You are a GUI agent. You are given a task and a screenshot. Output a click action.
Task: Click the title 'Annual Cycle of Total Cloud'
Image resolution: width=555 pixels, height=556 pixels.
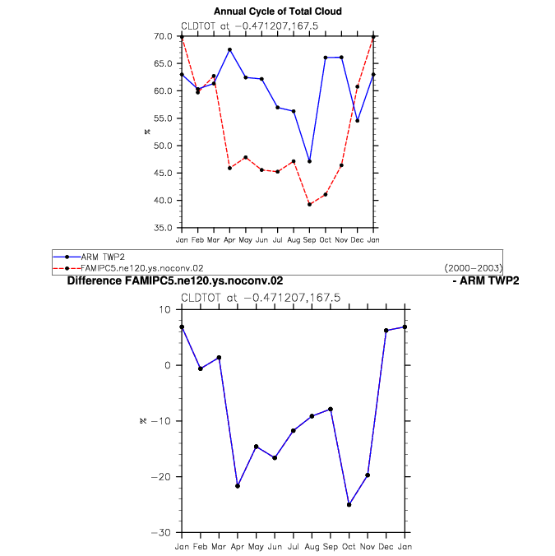click(x=278, y=12)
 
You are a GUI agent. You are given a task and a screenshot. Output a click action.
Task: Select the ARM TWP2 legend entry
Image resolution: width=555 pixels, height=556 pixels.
click(x=89, y=257)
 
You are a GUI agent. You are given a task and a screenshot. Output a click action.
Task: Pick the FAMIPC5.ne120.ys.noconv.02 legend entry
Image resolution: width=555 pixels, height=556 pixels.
click(x=128, y=268)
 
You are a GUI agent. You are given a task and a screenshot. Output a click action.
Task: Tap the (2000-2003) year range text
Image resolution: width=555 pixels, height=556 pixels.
click(x=473, y=268)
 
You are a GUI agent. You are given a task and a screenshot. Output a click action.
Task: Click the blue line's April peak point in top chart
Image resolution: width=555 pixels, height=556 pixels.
click(x=229, y=50)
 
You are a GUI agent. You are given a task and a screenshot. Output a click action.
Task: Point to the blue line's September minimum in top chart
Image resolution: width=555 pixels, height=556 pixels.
click(x=309, y=161)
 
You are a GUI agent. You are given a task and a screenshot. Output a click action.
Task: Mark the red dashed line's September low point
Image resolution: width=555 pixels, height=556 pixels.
click(x=309, y=205)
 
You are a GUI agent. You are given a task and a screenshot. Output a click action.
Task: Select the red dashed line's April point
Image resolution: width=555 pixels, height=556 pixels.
click(x=229, y=168)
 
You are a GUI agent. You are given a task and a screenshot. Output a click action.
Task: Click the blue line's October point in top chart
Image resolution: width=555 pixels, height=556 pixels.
click(x=326, y=58)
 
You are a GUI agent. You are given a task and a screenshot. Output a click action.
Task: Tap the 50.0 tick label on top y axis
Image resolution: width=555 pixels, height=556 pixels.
click(x=163, y=146)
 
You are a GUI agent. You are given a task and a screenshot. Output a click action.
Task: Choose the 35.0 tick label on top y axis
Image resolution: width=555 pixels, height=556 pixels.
click(x=163, y=228)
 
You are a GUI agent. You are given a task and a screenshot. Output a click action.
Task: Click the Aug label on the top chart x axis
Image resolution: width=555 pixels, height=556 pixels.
click(x=294, y=240)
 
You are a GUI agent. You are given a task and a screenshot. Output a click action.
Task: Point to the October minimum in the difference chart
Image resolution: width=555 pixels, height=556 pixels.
click(x=349, y=504)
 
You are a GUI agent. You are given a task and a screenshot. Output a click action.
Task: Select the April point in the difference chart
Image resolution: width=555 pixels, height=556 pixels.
click(x=238, y=486)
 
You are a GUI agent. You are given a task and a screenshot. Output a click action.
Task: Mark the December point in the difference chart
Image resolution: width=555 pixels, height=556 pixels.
click(x=386, y=331)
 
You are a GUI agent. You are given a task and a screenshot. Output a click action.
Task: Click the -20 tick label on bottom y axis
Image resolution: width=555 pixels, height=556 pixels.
click(x=161, y=477)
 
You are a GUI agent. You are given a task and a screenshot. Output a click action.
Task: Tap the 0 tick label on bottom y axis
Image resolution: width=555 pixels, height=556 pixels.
click(x=168, y=365)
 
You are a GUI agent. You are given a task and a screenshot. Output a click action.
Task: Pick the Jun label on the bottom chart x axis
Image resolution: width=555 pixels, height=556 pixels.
click(x=275, y=547)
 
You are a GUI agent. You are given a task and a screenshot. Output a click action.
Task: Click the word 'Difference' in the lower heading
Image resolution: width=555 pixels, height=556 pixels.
click(x=95, y=280)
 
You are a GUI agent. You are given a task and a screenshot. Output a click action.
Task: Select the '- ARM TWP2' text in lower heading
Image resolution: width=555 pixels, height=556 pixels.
click(x=486, y=280)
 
